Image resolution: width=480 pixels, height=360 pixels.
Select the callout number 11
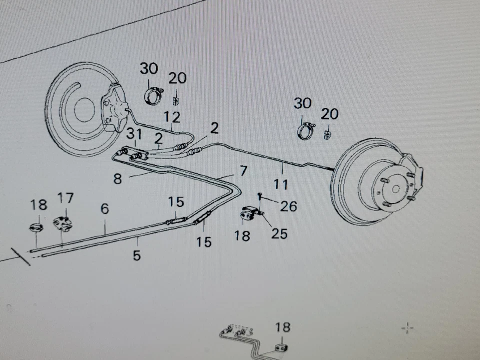(x=281, y=184)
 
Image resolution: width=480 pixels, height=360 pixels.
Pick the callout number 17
(x=65, y=199)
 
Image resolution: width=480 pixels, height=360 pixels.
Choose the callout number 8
(x=118, y=178)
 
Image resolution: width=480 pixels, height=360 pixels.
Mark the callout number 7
(x=243, y=171)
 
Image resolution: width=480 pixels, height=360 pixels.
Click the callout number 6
(x=104, y=209)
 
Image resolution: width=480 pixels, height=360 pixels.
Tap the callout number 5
(x=137, y=255)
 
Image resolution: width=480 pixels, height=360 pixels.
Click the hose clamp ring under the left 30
(x=154, y=96)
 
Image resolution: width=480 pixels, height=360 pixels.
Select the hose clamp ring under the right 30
(x=307, y=132)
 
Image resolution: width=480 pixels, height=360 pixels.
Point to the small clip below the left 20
(x=176, y=100)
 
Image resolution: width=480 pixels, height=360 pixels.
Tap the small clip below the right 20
(x=327, y=134)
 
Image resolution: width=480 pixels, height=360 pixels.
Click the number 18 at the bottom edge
(x=282, y=327)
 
